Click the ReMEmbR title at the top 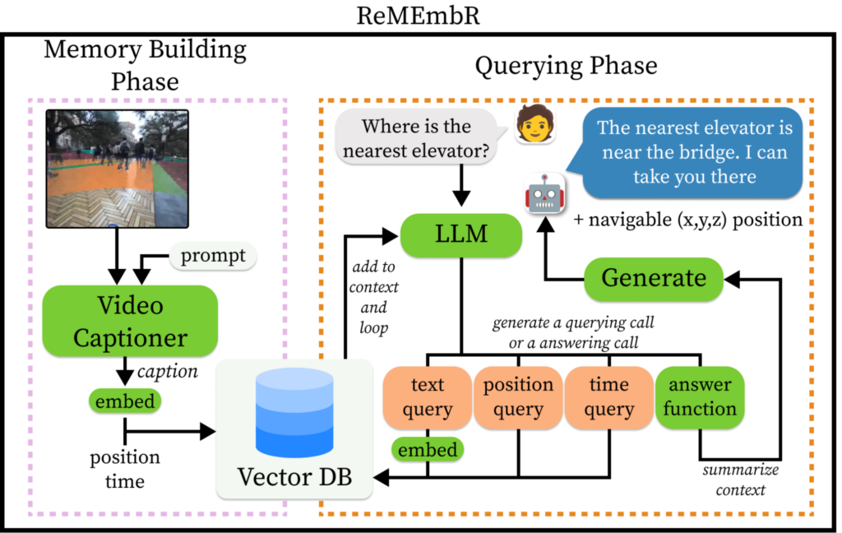[x=421, y=16]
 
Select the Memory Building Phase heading [x=145, y=65]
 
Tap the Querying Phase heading [x=567, y=67]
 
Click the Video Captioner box [x=130, y=321]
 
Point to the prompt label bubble [x=212, y=257]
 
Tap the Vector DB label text [x=294, y=476]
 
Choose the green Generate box [x=654, y=278]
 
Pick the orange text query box [x=427, y=397]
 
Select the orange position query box [x=518, y=397]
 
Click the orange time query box [x=609, y=397]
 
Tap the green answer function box [x=699, y=397]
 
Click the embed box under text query [x=427, y=450]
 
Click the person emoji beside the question [x=532, y=126]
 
